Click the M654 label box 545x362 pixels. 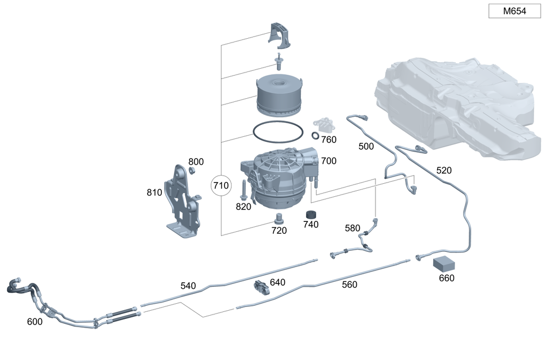(x=514, y=11)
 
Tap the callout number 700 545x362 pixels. (x=329, y=161)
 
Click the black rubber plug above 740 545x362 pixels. (x=311, y=214)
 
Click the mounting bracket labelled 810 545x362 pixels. (x=183, y=202)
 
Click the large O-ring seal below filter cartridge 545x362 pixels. (x=278, y=132)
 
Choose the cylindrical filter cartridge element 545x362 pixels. (x=278, y=95)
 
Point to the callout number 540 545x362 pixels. (x=188, y=286)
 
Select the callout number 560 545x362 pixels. (x=349, y=284)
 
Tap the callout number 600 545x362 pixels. (x=34, y=322)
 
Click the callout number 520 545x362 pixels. (x=444, y=171)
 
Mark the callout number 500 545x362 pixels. (x=366, y=146)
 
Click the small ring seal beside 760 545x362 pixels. (x=316, y=135)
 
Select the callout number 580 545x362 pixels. (x=353, y=228)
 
